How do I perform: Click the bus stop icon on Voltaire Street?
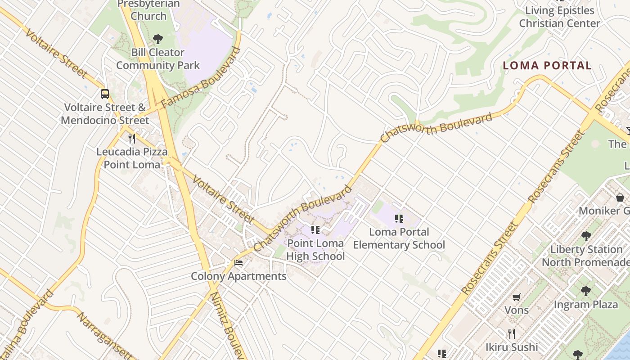point(105,94)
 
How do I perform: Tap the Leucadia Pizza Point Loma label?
point(132,158)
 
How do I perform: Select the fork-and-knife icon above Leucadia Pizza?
point(132,138)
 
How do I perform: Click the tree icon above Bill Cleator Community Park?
point(157,39)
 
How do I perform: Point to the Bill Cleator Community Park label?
point(157,59)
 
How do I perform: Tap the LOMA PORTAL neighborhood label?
point(547,66)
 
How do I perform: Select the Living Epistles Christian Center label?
point(559,17)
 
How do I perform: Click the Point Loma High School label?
point(315,250)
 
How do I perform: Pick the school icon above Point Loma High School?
point(315,230)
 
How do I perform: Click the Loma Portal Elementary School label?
point(399,238)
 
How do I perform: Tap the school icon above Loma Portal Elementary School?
point(399,219)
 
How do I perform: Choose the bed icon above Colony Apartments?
point(238,263)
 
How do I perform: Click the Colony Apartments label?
point(238,276)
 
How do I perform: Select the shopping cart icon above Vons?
point(517,297)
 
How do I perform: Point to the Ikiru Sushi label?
point(512,347)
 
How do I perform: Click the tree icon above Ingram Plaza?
point(586,291)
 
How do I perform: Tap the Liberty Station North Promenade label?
point(586,256)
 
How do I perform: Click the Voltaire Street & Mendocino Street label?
point(105,114)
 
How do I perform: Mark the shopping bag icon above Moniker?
point(620,197)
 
